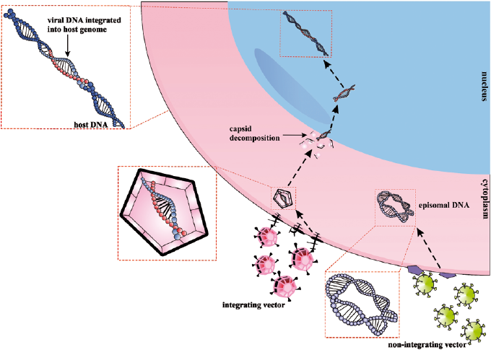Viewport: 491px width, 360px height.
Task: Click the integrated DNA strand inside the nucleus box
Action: coord(306,32)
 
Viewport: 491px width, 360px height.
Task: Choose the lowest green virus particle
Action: coord(474,332)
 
